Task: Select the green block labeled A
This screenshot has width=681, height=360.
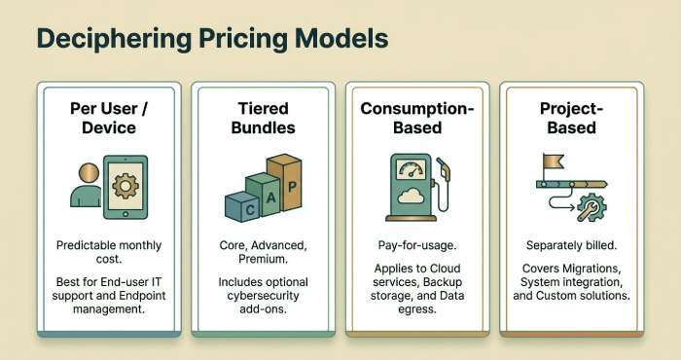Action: click(263, 193)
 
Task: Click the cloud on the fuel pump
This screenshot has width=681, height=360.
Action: click(409, 198)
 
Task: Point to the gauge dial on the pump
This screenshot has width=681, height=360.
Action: click(409, 167)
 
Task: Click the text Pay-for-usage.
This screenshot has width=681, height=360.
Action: click(417, 244)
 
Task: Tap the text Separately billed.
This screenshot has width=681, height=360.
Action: click(571, 244)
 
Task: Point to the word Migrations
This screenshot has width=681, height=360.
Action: click(593, 267)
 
